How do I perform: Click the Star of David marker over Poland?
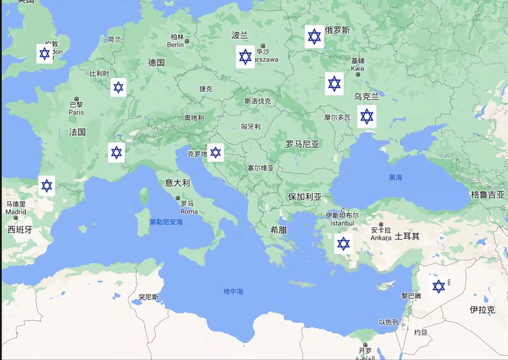[245, 56]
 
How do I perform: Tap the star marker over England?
[45, 54]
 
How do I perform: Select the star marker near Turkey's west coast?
[343, 244]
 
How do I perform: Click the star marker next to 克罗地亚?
[216, 152]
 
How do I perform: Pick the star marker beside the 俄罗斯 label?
[314, 36]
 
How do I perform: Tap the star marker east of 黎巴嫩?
[438, 287]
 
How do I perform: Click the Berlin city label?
[176, 44]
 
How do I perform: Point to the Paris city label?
[76, 112]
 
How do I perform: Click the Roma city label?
[188, 211]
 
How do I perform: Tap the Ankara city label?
[381, 237]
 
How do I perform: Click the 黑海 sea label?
[396, 177]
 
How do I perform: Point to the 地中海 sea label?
[233, 291]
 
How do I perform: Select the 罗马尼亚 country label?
[302, 144]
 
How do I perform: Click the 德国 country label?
[157, 63]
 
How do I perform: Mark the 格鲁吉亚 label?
[487, 195]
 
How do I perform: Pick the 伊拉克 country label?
[482, 310]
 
